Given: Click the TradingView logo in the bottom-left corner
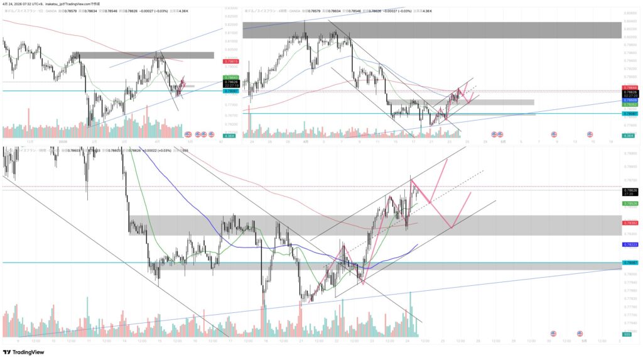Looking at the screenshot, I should point(25,352).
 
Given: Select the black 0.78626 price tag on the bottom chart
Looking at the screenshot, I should point(630,190).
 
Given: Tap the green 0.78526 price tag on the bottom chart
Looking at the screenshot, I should point(630,204).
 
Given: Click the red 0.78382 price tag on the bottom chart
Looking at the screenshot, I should point(630,223).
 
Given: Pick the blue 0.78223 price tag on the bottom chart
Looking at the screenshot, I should point(630,244).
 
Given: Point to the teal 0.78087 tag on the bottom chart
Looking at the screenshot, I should point(630,262).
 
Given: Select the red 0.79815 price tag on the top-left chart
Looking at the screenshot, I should point(231,62).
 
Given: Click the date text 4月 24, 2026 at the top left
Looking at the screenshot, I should point(15,4).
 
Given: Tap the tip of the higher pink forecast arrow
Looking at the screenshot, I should point(446,160).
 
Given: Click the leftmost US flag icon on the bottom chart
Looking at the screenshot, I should point(553,333).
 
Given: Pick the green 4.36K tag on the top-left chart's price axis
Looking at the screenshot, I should point(230,136).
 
